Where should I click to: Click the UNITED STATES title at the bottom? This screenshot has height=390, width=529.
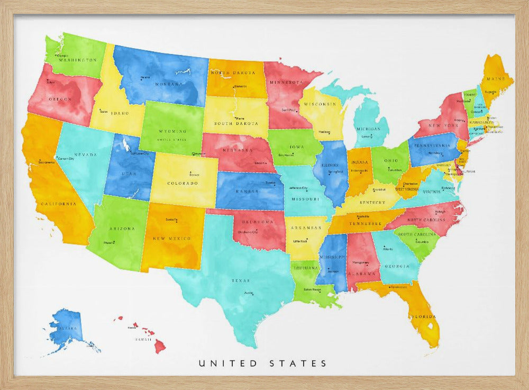pyautogui.click(x=263, y=364)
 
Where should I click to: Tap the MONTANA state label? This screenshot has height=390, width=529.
pyautogui.click(x=169, y=84)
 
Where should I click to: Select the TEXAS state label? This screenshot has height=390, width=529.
pyautogui.click(x=241, y=280)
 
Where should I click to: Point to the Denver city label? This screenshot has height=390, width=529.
pyautogui.click(x=194, y=174)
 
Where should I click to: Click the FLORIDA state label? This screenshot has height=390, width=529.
pyautogui.click(x=425, y=316)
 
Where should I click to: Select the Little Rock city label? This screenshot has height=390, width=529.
pyautogui.click(x=300, y=241)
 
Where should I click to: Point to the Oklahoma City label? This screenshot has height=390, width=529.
pyautogui.click(x=248, y=232)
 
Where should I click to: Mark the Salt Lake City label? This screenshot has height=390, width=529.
pyautogui.click(x=140, y=153)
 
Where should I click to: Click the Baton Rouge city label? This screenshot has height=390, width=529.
pyautogui.click(x=312, y=289)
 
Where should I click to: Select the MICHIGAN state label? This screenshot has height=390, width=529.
pyautogui.click(x=368, y=129)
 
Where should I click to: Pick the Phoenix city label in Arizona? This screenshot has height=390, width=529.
pyautogui.click(x=110, y=242)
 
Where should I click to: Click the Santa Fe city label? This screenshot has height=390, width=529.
pyautogui.click(x=171, y=220)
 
